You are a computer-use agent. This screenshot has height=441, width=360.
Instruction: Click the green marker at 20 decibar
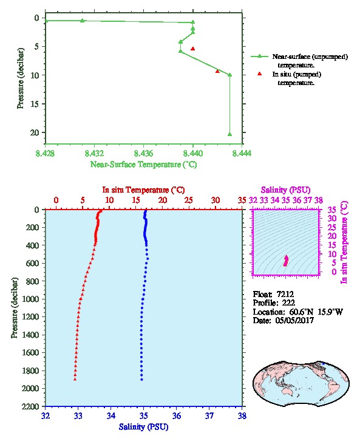point(229,134)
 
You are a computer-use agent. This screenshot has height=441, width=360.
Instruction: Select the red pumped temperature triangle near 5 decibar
point(193,49)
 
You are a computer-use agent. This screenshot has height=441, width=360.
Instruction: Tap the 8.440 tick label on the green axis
point(193,153)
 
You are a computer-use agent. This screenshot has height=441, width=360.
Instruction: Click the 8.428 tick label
point(46,153)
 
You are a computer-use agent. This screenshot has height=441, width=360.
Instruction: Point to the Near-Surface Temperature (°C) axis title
point(144,164)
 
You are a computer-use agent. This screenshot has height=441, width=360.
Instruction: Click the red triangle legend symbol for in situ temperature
point(260,73)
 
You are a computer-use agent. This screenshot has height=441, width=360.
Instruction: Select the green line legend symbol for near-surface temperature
point(259,56)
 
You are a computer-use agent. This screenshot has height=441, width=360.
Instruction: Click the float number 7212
point(285,294)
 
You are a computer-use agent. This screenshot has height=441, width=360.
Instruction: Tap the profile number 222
point(288,303)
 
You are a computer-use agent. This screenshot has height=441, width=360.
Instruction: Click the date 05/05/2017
point(294,320)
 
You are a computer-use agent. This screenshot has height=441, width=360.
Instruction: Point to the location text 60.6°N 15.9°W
point(316,312)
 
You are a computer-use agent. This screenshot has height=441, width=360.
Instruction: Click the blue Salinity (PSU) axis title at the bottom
point(144,426)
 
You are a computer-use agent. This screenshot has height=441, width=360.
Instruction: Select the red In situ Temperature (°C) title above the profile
point(143,190)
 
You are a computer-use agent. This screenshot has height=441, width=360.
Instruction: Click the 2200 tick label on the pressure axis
point(31,406)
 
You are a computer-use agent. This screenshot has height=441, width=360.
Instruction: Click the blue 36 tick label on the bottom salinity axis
point(177,415)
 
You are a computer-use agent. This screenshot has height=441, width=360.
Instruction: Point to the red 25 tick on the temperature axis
point(189,200)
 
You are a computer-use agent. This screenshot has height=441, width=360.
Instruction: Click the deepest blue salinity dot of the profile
point(141,380)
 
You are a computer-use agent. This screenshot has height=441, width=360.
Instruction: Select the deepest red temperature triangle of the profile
point(75,379)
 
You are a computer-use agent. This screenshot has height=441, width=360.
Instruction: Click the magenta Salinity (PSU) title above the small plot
point(285,190)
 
